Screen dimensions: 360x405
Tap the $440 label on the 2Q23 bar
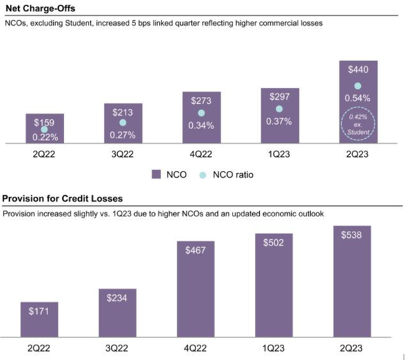click(x=358, y=70)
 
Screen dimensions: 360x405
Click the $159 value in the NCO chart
click(x=44, y=121)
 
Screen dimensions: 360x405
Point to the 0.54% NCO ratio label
click(x=358, y=99)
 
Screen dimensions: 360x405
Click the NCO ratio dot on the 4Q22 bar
click(x=201, y=112)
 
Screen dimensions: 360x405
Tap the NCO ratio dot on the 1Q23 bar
click(x=279, y=109)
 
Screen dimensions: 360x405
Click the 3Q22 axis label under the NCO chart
click(x=123, y=152)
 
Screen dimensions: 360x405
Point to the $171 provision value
click(x=44, y=312)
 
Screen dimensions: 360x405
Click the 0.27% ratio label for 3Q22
click(x=123, y=135)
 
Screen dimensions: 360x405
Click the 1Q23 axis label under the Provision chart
click(x=279, y=346)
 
